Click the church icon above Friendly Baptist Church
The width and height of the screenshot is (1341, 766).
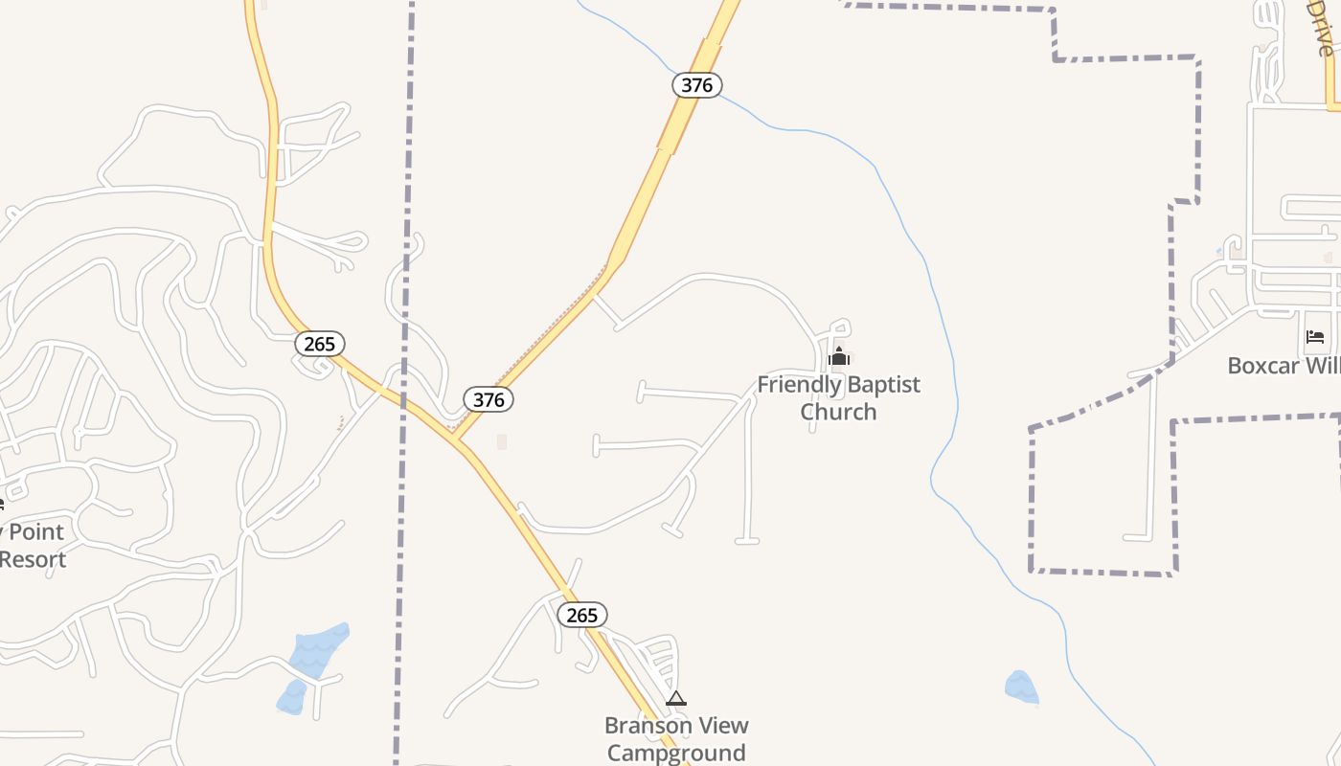point(839,359)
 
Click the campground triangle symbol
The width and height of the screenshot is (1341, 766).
point(676,699)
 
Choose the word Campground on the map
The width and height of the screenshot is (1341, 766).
point(676,753)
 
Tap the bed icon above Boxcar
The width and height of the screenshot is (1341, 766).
point(1315,337)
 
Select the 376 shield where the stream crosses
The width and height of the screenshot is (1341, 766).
point(696,85)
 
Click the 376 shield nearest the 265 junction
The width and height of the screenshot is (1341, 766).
point(489,399)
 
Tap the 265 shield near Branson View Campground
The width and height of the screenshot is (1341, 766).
point(581,615)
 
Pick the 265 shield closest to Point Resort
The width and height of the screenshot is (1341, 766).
point(319,344)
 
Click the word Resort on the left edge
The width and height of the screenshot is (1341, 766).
point(34,559)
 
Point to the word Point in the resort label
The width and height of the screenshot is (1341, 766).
point(36,532)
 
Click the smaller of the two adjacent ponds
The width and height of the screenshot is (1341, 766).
point(291,696)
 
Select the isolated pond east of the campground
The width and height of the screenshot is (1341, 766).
point(1020,687)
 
